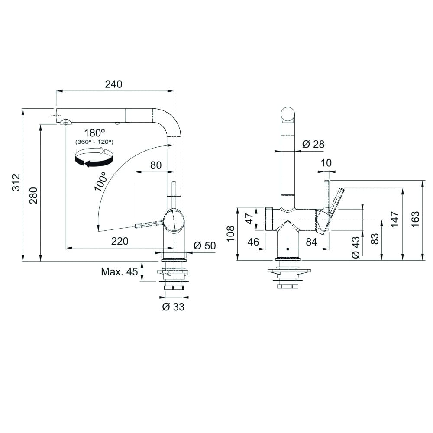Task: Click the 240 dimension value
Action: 114,84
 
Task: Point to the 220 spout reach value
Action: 120,241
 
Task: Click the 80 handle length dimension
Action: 155,165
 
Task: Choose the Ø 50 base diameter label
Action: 204,246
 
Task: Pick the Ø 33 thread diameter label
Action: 173,307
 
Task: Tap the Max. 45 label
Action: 119,272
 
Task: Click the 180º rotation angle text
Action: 95,133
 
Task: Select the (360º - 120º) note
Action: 94,142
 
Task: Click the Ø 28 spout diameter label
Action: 313,144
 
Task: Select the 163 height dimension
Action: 416,220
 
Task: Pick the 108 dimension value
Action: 231,234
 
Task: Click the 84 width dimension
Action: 311,242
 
